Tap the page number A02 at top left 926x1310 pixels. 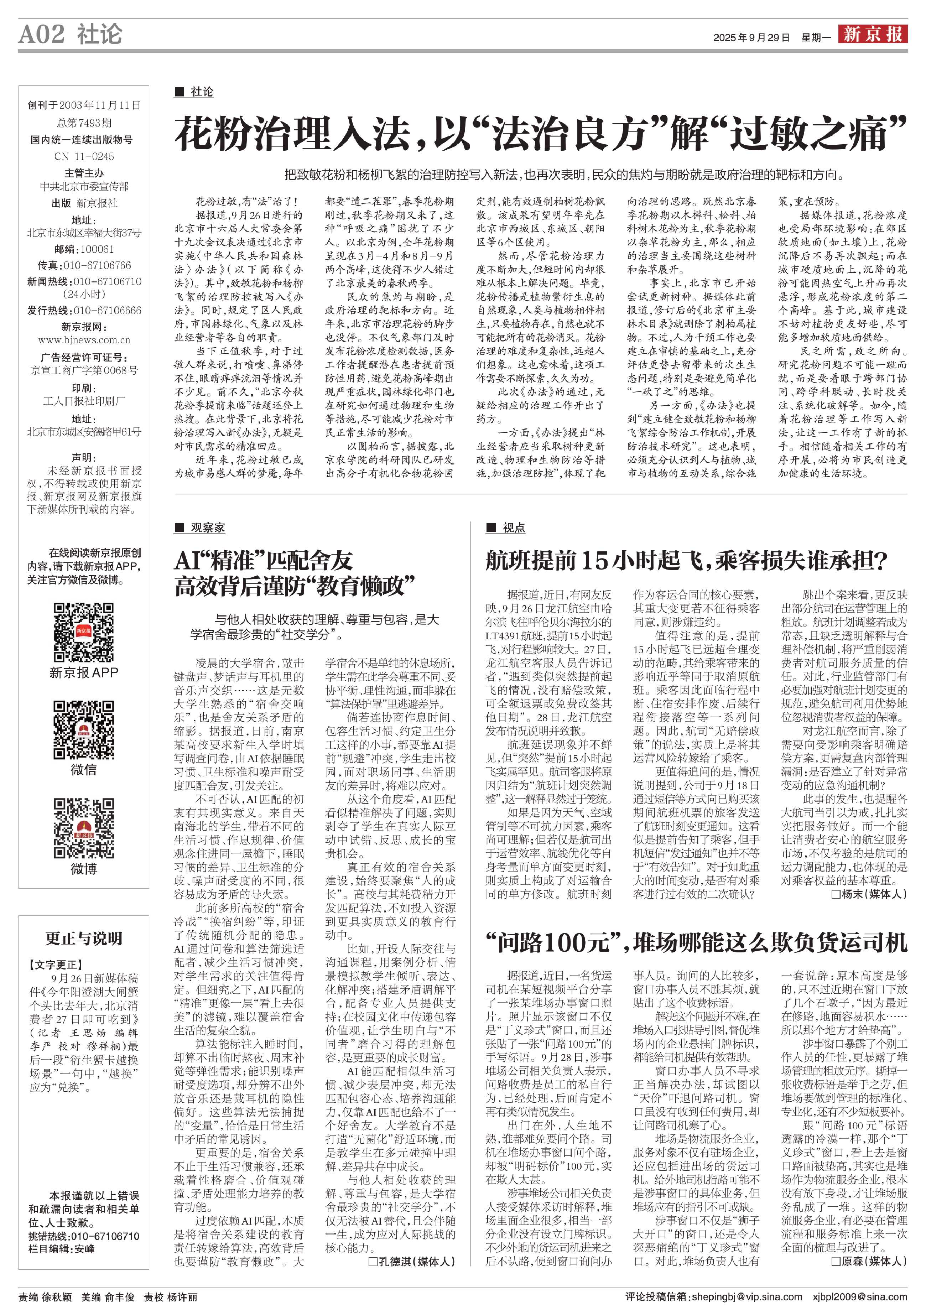click(42, 34)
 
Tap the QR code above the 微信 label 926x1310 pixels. click(83, 730)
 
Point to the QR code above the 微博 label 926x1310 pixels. click(83, 828)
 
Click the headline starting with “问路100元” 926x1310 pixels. click(696, 942)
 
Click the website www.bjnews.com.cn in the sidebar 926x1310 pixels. click(84, 340)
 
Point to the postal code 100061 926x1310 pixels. click(97, 249)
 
